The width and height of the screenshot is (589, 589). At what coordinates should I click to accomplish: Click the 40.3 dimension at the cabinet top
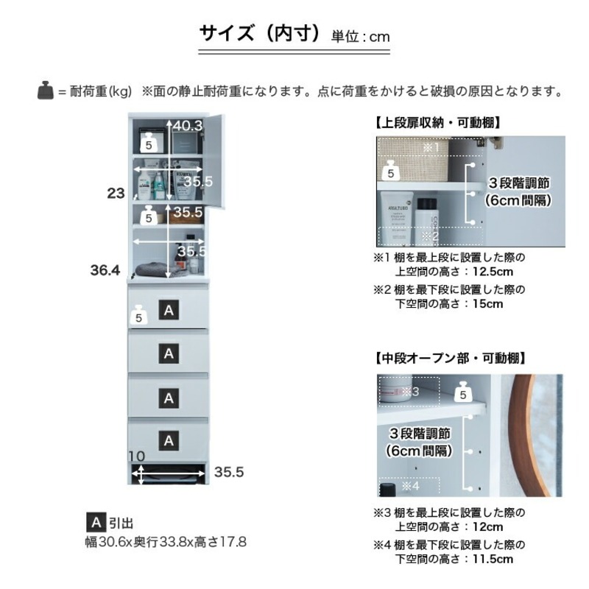click(x=188, y=126)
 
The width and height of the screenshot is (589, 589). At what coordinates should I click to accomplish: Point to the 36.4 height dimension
click(x=105, y=270)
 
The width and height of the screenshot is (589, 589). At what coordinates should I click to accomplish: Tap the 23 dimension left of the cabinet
click(x=116, y=194)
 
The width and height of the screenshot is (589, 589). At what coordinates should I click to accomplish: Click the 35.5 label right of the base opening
click(x=228, y=472)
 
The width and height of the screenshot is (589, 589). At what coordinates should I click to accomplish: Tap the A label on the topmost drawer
click(x=169, y=311)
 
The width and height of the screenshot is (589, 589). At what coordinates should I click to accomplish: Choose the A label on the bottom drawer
click(x=169, y=440)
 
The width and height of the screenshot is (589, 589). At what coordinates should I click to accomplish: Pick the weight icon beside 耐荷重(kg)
click(x=46, y=91)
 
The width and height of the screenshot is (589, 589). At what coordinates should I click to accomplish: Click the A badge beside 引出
click(x=95, y=523)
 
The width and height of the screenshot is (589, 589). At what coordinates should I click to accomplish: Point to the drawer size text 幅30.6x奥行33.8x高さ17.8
click(x=166, y=542)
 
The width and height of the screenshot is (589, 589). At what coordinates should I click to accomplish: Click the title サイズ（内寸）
click(x=261, y=34)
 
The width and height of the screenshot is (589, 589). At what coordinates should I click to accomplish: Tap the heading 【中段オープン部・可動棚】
click(x=449, y=359)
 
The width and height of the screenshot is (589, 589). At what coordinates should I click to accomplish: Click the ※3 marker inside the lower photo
click(x=411, y=391)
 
